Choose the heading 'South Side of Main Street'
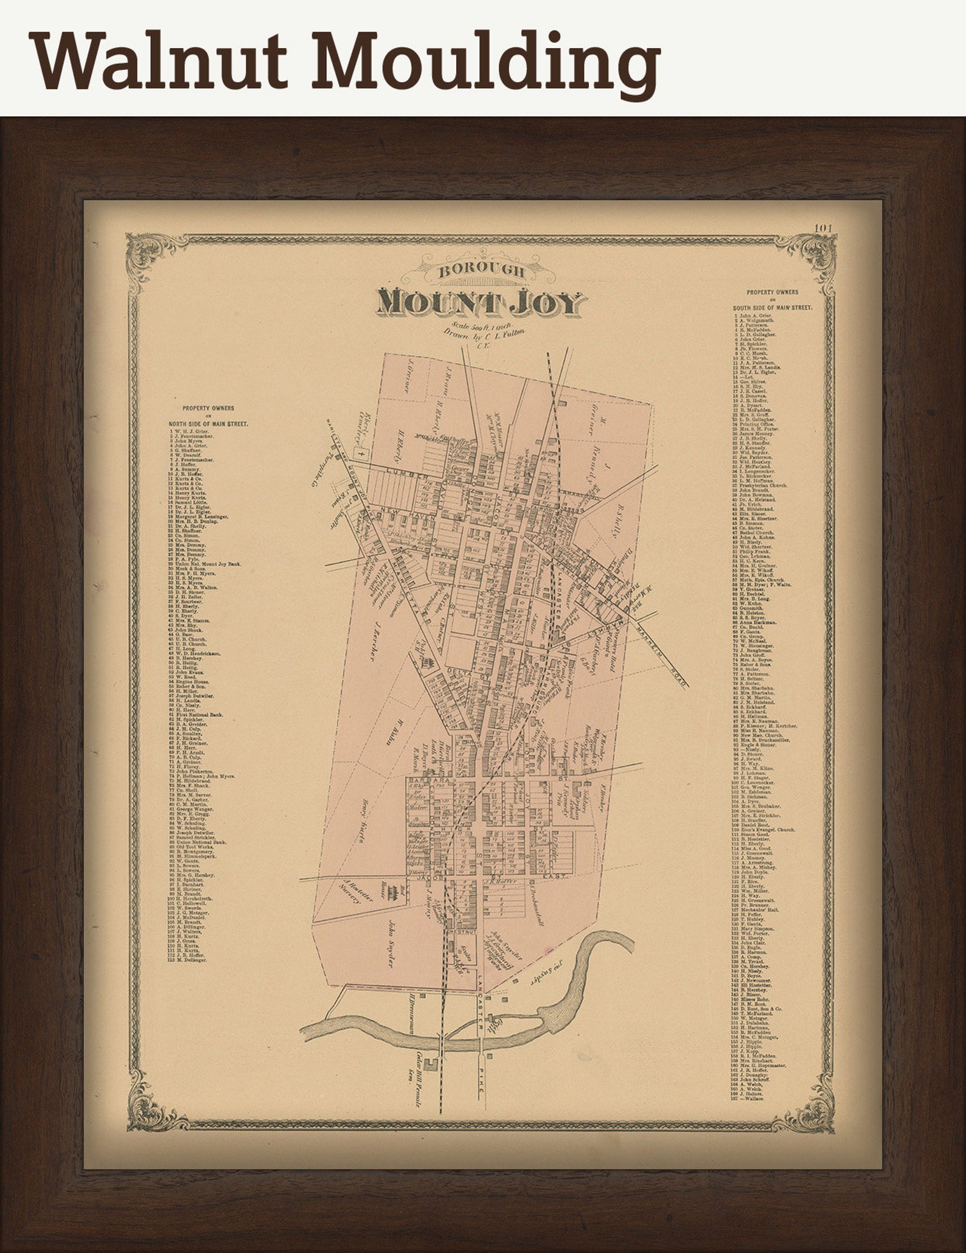[x=773, y=308]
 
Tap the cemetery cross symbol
[x=364, y=453]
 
